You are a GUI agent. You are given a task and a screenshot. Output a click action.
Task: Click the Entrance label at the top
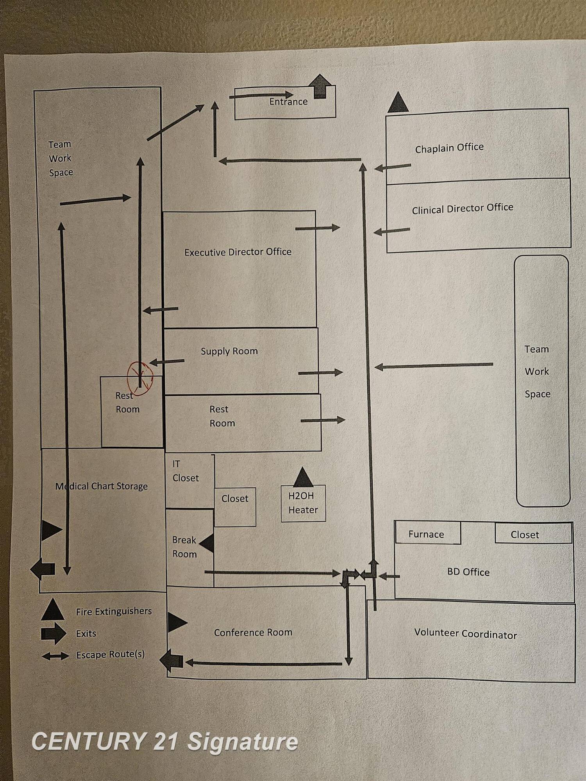click(288, 102)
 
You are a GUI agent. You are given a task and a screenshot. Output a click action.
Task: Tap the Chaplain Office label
click(449, 148)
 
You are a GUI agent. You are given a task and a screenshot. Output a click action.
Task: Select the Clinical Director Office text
click(463, 209)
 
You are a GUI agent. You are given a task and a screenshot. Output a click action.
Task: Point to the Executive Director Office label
click(238, 252)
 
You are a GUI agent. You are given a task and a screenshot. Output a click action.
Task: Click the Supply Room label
click(229, 351)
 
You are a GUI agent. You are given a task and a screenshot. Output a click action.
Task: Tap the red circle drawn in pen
click(140, 378)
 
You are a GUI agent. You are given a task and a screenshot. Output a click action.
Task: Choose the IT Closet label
click(185, 471)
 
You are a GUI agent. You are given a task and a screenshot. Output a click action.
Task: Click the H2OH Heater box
click(303, 503)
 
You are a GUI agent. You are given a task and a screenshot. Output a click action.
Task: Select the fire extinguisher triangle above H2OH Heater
click(303, 477)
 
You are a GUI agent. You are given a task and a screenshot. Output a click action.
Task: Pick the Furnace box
click(427, 534)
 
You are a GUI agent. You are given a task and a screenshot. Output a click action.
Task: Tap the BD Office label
click(468, 572)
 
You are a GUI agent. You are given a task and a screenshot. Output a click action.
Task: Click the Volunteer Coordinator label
click(465, 633)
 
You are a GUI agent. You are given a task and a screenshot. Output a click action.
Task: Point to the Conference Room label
click(253, 632)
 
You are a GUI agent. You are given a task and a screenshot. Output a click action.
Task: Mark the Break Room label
click(184, 547)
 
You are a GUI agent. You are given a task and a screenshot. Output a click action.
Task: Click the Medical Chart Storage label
click(102, 486)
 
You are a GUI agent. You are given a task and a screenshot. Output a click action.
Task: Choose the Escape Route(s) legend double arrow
click(55, 656)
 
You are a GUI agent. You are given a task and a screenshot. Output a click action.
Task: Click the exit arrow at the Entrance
click(320, 86)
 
